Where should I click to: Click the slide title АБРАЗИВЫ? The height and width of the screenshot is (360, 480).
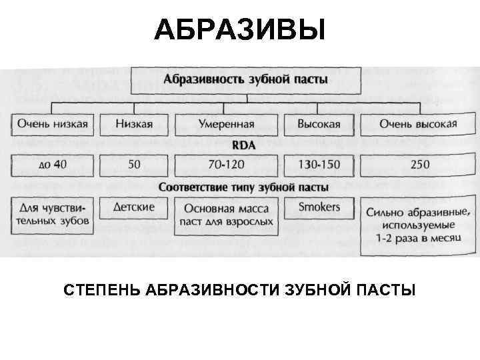(x=240, y=29)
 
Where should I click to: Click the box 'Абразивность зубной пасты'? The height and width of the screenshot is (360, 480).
(x=246, y=80)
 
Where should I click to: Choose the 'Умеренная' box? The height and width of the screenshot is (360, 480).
(x=226, y=124)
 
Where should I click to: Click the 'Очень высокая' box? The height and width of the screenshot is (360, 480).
(x=418, y=124)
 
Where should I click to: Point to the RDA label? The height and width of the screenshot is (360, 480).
(x=244, y=143)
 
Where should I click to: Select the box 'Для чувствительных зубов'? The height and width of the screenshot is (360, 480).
(x=53, y=214)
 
